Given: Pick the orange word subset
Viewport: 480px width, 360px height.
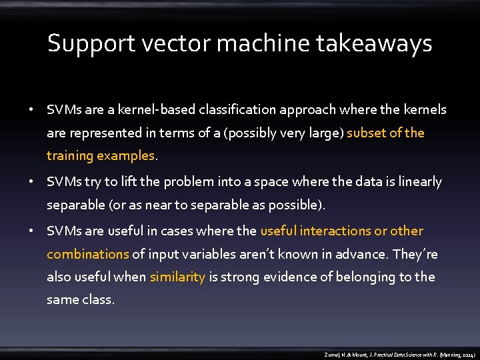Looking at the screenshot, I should pyautogui.click(x=366, y=133).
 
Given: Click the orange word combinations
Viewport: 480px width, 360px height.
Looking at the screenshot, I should pyautogui.click(x=87, y=254).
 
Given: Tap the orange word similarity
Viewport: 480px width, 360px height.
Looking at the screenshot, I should pyautogui.click(x=177, y=277).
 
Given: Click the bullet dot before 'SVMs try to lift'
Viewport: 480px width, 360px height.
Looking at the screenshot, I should pyautogui.click(x=31, y=181).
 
